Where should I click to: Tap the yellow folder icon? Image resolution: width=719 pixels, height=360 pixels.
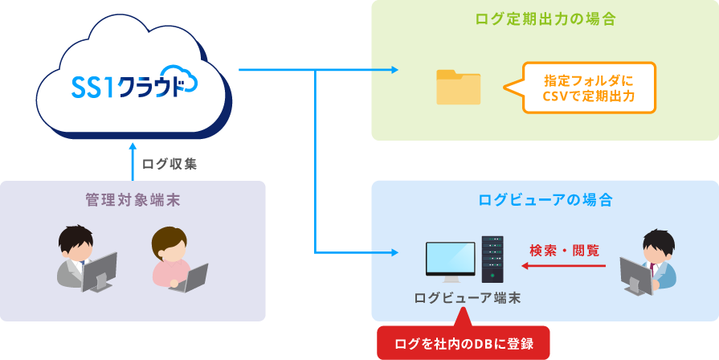pyautogui.click(x=458, y=87)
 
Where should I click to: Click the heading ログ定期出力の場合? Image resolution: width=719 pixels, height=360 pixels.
pyautogui.click(x=545, y=19)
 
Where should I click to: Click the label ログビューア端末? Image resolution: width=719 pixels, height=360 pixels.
pyautogui.click(x=467, y=298)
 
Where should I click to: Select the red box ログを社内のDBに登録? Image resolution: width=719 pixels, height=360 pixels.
pyautogui.click(x=463, y=343)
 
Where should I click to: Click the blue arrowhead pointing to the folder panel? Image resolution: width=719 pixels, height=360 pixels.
pyautogui.click(x=394, y=71)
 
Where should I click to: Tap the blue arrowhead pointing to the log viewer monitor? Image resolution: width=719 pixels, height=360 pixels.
pyautogui.click(x=394, y=252)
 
